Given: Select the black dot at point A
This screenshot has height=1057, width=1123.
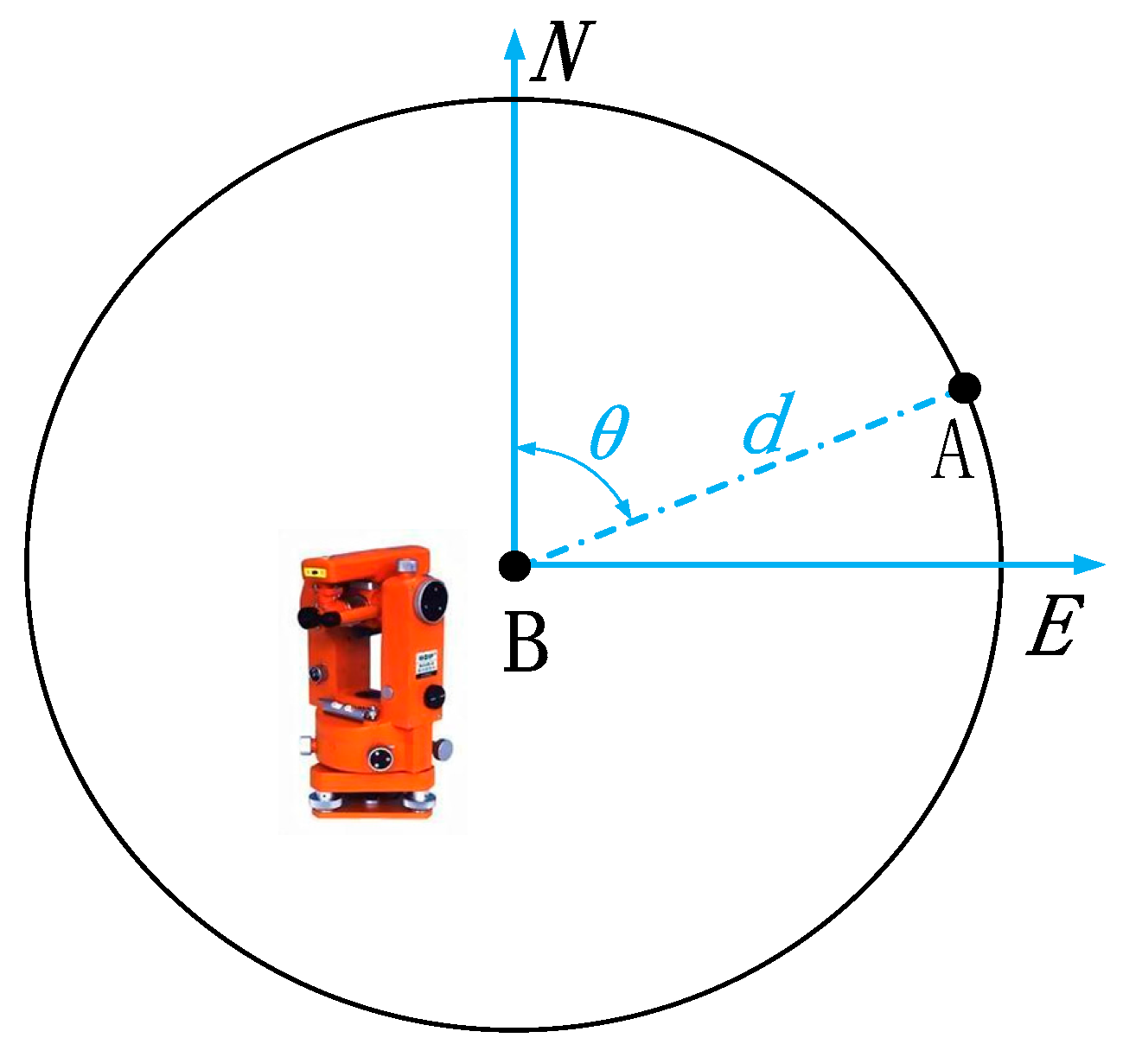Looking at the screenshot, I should [965, 387].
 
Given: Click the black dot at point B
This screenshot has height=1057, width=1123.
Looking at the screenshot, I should [515, 565].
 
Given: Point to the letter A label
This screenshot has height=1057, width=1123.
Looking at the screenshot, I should [953, 453].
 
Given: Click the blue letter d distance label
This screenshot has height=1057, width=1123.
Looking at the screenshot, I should [767, 423].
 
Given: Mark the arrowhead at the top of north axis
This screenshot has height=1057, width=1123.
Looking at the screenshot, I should [514, 43].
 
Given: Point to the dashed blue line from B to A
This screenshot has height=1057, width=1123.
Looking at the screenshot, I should [735, 476].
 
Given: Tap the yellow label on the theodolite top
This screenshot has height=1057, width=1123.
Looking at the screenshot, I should [313, 571].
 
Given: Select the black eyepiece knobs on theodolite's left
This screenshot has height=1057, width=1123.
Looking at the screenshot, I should [309, 617].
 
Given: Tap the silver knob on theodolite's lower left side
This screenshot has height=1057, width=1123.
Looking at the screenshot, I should [305, 744].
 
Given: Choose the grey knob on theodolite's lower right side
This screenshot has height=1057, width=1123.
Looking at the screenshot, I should [443, 747].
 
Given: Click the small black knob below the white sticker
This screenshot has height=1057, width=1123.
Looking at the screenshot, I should [434, 694].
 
